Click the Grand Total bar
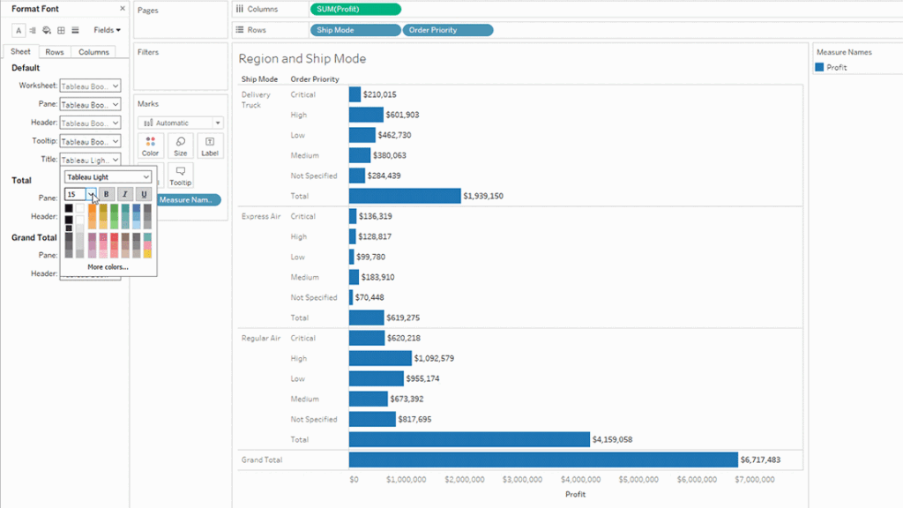pos(542,459)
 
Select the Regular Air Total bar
pos(468,439)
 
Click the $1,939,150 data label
pos(483,196)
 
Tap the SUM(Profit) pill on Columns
pos(355,9)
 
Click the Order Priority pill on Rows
pos(447,30)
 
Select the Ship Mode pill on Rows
pos(354,30)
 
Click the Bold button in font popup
pos(106,194)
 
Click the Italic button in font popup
pos(124,194)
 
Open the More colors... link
pos(108,266)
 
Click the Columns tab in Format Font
pos(93,52)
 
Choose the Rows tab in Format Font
pos(55,52)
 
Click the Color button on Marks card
pos(151,146)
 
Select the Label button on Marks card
pos(209,146)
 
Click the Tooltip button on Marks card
pos(180,175)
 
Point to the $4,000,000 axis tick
pos(581,480)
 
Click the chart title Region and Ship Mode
pos(302,59)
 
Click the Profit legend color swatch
pos(820,67)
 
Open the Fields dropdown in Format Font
pos(107,30)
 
